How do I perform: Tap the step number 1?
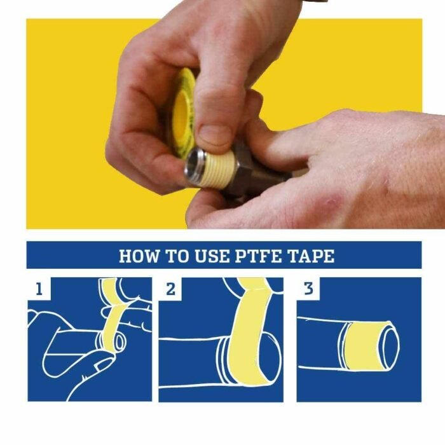pyautogui.click(x=39, y=290)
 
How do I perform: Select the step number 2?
pyautogui.click(x=170, y=290)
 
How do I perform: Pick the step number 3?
pyautogui.click(x=309, y=290)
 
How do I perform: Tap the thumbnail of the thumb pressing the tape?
pyautogui.click(x=216, y=133)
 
